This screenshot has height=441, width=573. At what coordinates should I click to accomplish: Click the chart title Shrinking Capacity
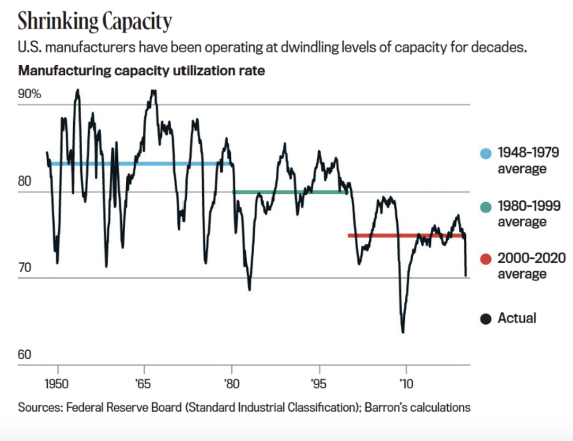95,22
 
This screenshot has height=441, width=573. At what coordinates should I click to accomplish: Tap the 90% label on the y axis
30,94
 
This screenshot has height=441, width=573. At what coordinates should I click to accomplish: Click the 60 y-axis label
25,354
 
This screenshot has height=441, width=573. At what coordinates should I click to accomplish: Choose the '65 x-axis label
144,383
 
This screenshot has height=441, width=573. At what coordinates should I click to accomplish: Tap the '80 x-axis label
231,383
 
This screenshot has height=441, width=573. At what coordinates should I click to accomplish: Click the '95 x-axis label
318,383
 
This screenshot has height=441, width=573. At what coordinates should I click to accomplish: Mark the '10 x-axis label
406,383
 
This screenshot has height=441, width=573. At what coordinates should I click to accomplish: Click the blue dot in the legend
485,154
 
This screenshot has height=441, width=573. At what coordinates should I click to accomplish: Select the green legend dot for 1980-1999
485,207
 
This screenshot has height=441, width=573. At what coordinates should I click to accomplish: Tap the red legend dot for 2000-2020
485,260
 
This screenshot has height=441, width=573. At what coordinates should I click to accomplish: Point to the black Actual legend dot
485,319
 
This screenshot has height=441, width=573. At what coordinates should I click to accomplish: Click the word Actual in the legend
517,318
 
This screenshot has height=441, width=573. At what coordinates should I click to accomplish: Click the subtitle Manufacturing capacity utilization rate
141,70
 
